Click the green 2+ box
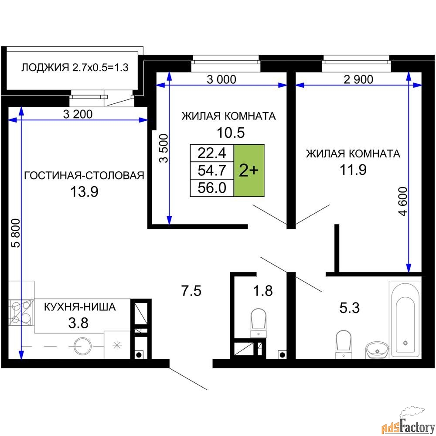tap(249, 170)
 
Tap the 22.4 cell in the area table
tap(212, 153)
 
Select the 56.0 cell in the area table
tap(212, 188)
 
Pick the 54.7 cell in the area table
tap(212, 170)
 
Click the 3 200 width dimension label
tap(78, 114)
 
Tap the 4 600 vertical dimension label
tap(403, 201)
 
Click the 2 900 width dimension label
tap(358, 79)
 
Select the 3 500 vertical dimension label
tap(164, 148)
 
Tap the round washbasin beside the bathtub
tap(377, 350)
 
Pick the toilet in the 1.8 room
tap(259, 323)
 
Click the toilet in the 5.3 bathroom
tap(344, 344)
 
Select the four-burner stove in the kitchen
tap(21, 313)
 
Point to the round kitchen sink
tap(82, 346)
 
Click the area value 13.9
tap(84, 191)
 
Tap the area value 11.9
tap(353, 170)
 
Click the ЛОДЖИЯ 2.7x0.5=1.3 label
tap(75, 68)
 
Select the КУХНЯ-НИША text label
tap(80, 307)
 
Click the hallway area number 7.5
tap(191, 291)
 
